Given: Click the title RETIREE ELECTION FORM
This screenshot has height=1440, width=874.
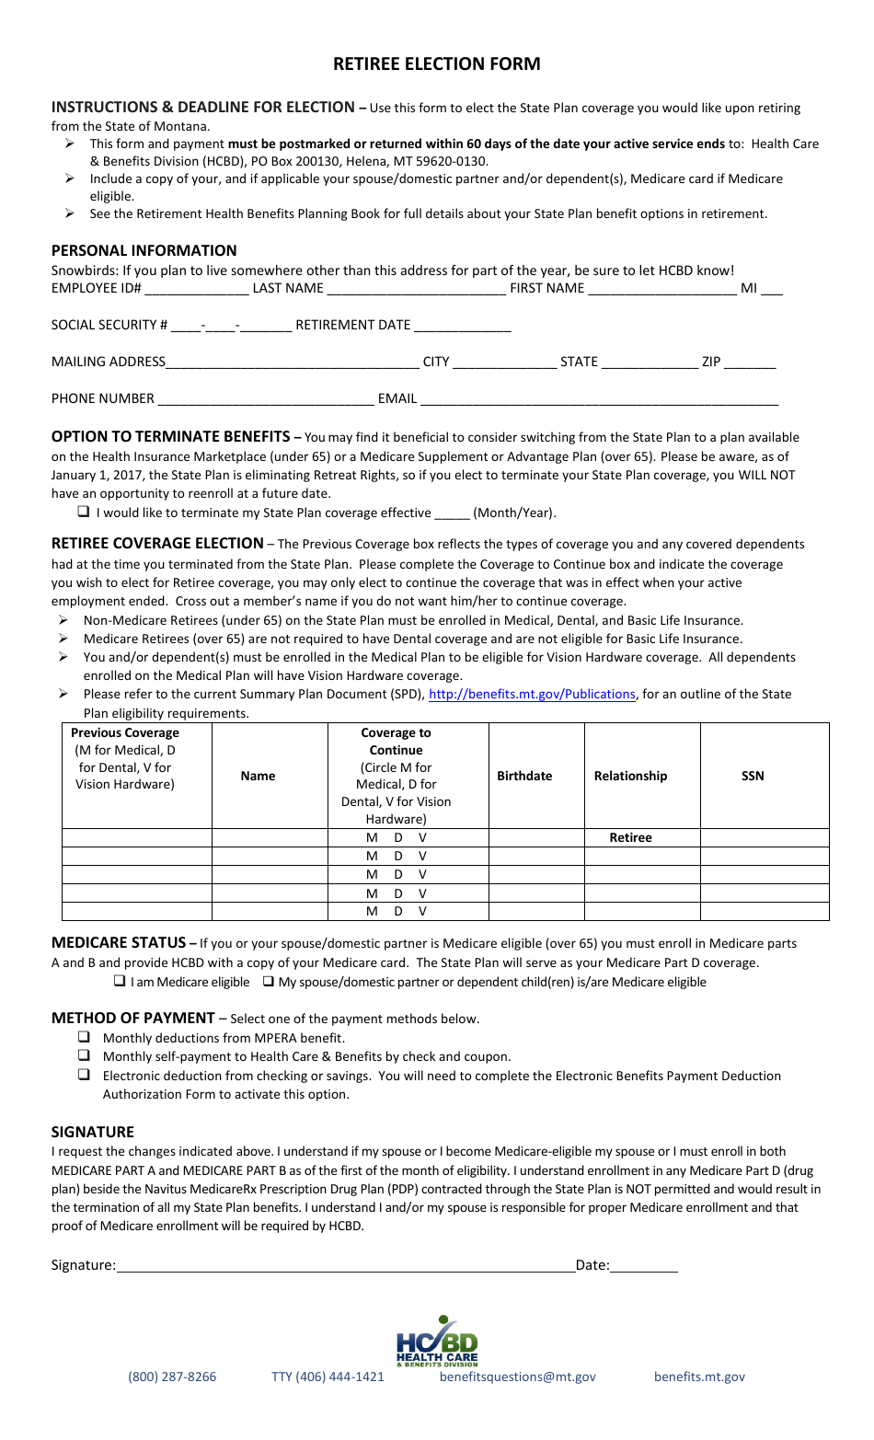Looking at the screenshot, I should [x=436, y=63].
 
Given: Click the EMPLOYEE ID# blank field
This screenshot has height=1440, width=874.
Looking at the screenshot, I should [x=196, y=290].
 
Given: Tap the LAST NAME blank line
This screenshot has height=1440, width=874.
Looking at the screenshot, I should [x=416, y=290].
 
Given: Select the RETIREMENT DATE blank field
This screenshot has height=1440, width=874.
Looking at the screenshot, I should [x=462, y=327].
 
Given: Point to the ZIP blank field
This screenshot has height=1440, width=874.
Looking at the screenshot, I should [x=750, y=363].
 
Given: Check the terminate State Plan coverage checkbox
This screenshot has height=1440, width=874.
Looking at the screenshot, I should [x=84, y=512].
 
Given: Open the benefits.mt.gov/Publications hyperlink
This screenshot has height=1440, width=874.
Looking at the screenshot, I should [x=532, y=694].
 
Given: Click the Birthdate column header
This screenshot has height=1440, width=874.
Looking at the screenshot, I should [x=524, y=776].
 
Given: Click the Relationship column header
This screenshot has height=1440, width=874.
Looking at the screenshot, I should [x=630, y=776].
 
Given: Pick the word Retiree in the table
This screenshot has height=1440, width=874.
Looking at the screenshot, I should [x=630, y=837].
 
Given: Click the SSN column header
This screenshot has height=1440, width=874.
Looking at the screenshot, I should [x=753, y=776].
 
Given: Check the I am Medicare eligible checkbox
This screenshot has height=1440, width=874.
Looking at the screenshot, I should [x=120, y=981].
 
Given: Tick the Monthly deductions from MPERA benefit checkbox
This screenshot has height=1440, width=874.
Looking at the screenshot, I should [x=84, y=1037].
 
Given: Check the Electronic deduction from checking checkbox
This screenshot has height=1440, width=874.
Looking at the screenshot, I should [x=84, y=1075].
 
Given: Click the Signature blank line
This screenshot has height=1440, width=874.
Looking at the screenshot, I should [x=345, y=1266].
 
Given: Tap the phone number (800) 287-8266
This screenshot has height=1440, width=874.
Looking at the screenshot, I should [x=172, y=1377].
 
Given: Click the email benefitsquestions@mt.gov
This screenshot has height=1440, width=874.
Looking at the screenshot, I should [x=517, y=1377].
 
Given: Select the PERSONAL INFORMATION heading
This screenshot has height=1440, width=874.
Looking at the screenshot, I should [x=144, y=250].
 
